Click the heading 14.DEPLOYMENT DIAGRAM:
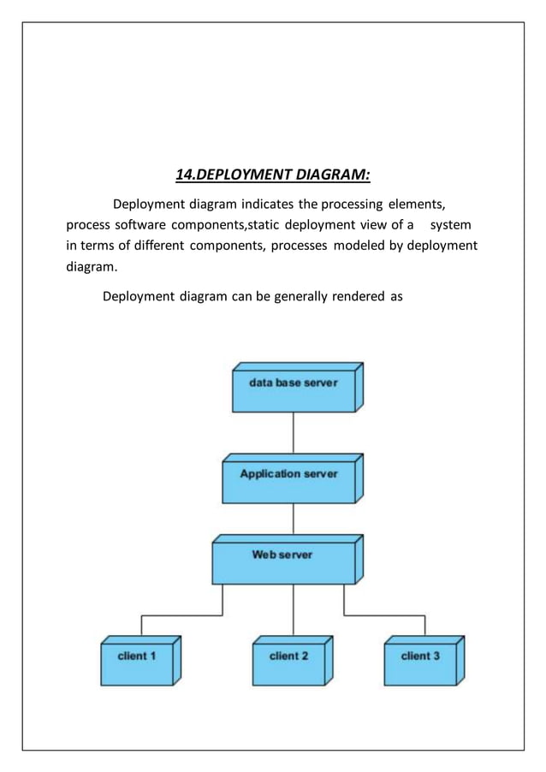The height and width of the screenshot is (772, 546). click(272, 175)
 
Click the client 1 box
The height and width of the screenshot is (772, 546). click(137, 664)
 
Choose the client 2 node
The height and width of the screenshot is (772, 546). click(288, 664)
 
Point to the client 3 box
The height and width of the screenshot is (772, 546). click(420, 664)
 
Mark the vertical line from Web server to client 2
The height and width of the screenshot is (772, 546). click(294, 609)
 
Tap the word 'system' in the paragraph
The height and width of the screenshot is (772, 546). click(450, 225)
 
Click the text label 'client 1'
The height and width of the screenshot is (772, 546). click(137, 656)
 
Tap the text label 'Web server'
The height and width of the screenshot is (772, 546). click(282, 555)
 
